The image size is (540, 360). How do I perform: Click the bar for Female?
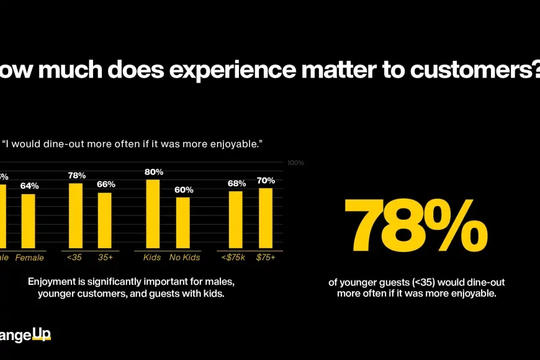(x=29, y=222)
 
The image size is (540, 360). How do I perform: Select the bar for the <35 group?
(x=76, y=216)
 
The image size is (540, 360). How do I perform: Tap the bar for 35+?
(x=105, y=221)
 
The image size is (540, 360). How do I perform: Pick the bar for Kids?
(x=153, y=214)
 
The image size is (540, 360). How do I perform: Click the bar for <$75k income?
(x=236, y=220)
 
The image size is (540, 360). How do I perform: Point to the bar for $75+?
(x=266, y=218)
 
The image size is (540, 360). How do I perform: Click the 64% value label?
(x=29, y=186)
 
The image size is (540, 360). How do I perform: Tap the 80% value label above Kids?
(x=153, y=172)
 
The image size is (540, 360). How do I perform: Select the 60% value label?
(x=184, y=190)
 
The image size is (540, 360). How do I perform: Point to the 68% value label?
(x=236, y=183)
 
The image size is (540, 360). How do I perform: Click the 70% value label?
(x=266, y=181)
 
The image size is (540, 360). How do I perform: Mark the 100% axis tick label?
(x=295, y=163)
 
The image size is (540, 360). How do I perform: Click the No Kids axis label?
(x=183, y=258)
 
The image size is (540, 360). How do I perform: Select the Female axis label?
(x=29, y=258)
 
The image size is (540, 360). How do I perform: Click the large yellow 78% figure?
(x=416, y=225)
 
